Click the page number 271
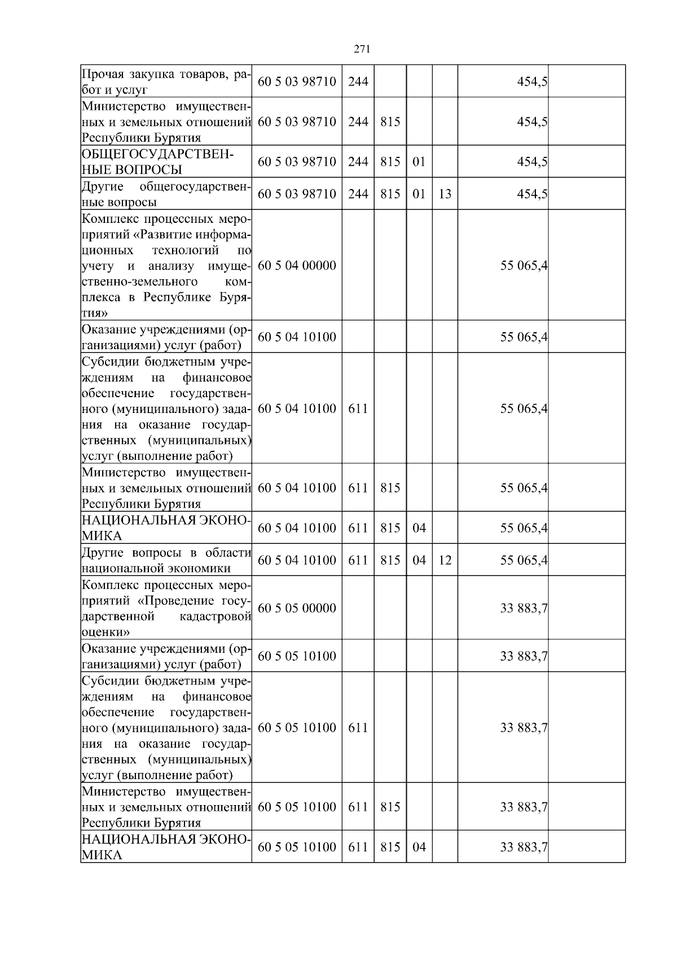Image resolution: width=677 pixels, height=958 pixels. [362, 49]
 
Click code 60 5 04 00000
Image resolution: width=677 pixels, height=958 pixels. [297, 265]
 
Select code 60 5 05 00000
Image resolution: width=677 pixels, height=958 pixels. [297, 608]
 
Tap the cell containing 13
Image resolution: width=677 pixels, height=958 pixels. [445, 194]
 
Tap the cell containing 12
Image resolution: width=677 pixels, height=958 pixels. [445, 560]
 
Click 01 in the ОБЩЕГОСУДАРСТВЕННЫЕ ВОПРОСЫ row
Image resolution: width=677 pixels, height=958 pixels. [419, 162]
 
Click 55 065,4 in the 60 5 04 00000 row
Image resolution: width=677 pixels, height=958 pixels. [524, 265]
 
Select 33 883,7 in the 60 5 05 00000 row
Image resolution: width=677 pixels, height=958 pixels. [524, 608]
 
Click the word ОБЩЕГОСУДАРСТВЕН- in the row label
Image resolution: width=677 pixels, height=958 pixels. [157, 154]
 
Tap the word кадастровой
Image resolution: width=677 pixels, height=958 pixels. [215, 617]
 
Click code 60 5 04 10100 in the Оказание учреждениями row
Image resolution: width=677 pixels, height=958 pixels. [297, 337]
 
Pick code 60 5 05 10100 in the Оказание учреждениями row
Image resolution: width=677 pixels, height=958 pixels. [297, 656]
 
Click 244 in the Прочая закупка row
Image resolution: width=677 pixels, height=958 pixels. [358, 81]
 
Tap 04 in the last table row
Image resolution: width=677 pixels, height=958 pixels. [419, 847]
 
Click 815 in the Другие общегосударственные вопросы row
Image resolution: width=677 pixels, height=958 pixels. [390, 194]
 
